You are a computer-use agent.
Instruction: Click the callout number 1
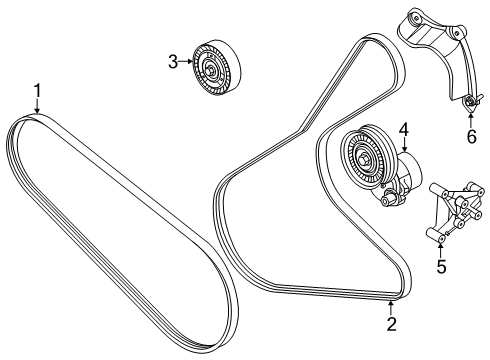[38, 91]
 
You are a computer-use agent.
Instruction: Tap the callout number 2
[391, 324]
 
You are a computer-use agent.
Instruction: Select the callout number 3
[173, 62]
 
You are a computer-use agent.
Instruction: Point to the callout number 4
[404, 130]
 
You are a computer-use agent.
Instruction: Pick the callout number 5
[441, 267]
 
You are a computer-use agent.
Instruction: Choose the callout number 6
[471, 136]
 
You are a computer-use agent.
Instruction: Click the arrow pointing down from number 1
[37, 106]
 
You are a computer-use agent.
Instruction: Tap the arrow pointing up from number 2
[391, 308]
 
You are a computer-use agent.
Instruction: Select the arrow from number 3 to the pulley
[186, 61]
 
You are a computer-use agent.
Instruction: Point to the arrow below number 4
[404, 145]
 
